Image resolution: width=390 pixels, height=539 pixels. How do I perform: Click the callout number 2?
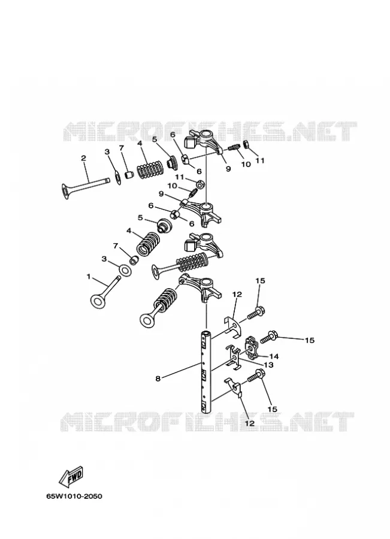pos(84,158)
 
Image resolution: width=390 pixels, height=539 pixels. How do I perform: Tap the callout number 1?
pos(89,276)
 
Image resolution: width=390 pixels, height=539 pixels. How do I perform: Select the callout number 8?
pos(158,378)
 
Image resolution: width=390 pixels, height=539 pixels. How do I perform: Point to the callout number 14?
pos(274,356)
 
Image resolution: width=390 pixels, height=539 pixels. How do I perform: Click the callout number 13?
pos(268,365)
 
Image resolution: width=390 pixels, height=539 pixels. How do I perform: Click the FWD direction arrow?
pos(71,477)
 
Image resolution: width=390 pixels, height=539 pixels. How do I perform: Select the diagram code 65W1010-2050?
pos(74,496)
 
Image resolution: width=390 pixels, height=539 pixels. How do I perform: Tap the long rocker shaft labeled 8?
pos(205,371)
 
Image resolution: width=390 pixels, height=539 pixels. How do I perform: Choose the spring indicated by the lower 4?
pos(148,243)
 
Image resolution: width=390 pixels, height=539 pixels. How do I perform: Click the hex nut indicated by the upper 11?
pos(246,144)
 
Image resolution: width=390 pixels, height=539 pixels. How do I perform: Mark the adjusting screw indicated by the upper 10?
pos(234,147)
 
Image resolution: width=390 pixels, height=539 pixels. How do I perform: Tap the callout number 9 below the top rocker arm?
pos(228,169)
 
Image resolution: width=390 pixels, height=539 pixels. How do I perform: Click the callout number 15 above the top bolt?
pos(261,281)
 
